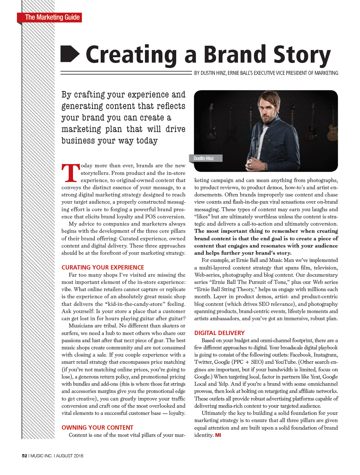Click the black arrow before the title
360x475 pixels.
(x=70, y=54)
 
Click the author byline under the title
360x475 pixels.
(x=266, y=73)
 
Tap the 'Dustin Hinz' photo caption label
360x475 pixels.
(x=204, y=158)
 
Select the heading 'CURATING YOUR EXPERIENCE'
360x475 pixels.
(x=102, y=267)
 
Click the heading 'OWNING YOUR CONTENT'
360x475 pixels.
(x=97, y=427)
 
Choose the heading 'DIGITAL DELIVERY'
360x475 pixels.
(x=219, y=333)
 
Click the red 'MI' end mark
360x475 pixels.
(x=218, y=435)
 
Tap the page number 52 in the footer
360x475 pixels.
(x=24, y=456)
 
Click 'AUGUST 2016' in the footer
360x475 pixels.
(x=69, y=456)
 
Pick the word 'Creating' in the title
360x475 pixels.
(x=131, y=55)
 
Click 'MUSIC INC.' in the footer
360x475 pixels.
(x=41, y=456)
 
